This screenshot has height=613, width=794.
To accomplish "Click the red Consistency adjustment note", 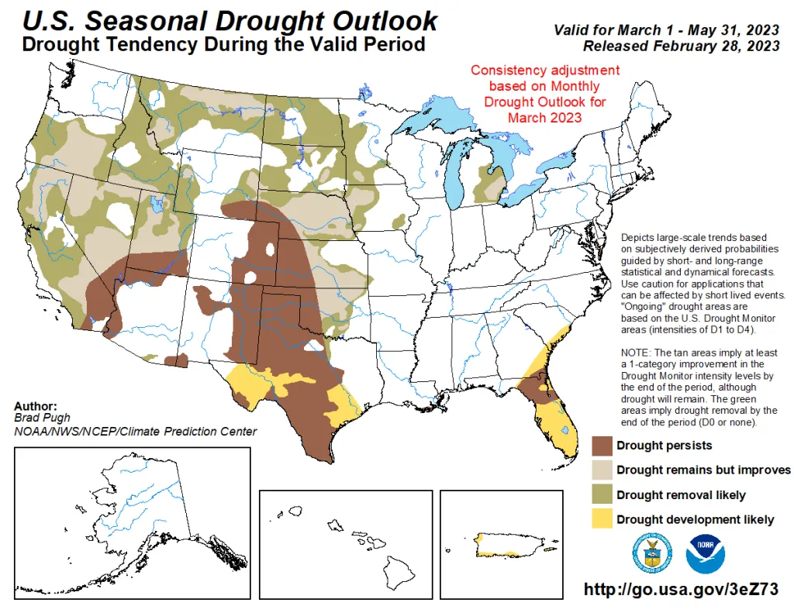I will point(545,94).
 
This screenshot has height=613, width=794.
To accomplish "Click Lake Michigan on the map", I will point(457,170).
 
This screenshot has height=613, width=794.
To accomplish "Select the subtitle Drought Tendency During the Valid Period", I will point(223,45).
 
